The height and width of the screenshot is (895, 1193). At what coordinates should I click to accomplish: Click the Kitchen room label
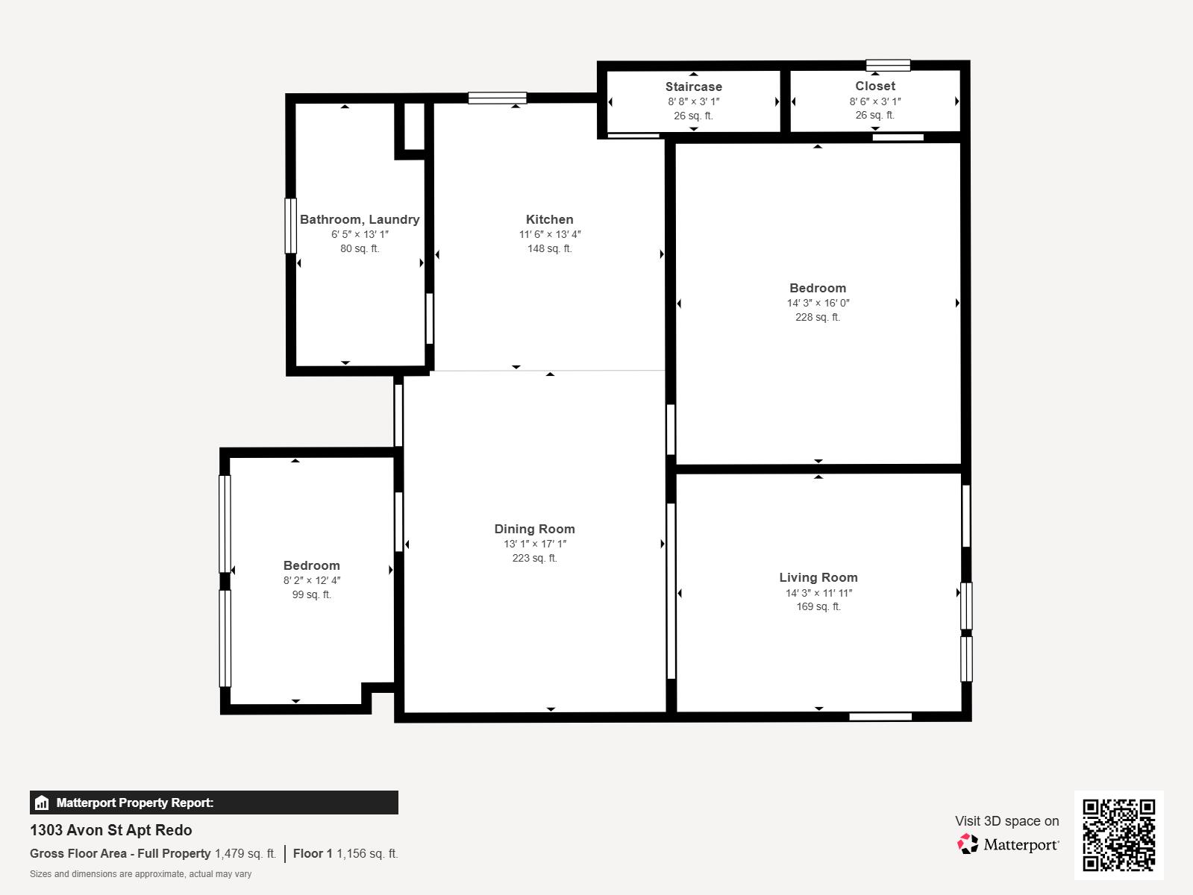(x=549, y=219)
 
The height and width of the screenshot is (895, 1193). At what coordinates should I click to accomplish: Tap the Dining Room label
(x=534, y=529)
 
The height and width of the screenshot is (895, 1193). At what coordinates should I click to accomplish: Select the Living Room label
(x=818, y=577)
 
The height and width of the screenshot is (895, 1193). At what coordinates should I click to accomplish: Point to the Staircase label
(x=694, y=87)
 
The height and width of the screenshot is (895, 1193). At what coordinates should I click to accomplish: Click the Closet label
(x=875, y=86)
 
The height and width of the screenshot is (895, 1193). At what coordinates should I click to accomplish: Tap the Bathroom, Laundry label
(x=360, y=219)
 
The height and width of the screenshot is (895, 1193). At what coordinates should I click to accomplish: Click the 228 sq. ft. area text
(x=818, y=317)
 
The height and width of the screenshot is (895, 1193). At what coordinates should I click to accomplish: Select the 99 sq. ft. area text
(x=311, y=594)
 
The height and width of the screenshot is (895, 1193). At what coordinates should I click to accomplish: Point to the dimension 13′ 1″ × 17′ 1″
(x=535, y=544)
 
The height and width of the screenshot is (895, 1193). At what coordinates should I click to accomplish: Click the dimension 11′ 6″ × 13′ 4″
(x=549, y=234)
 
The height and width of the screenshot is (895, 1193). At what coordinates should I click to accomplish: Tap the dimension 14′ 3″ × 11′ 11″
(x=818, y=592)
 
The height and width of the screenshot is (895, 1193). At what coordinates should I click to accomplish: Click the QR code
(x=1118, y=835)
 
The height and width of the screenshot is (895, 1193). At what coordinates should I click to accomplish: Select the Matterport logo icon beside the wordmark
(x=968, y=844)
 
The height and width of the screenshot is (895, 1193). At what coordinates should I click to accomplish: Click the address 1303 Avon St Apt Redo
(x=111, y=830)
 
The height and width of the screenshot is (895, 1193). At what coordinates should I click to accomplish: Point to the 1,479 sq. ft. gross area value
(x=245, y=853)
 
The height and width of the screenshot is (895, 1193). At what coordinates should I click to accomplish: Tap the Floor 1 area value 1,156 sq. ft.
(x=367, y=853)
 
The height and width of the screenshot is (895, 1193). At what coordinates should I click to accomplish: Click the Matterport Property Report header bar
(x=214, y=802)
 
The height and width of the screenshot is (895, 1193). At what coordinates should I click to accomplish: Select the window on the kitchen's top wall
(x=498, y=98)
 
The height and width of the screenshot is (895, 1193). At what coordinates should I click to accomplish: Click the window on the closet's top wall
(x=888, y=65)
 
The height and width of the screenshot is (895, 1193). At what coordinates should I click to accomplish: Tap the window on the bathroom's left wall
(x=291, y=226)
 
